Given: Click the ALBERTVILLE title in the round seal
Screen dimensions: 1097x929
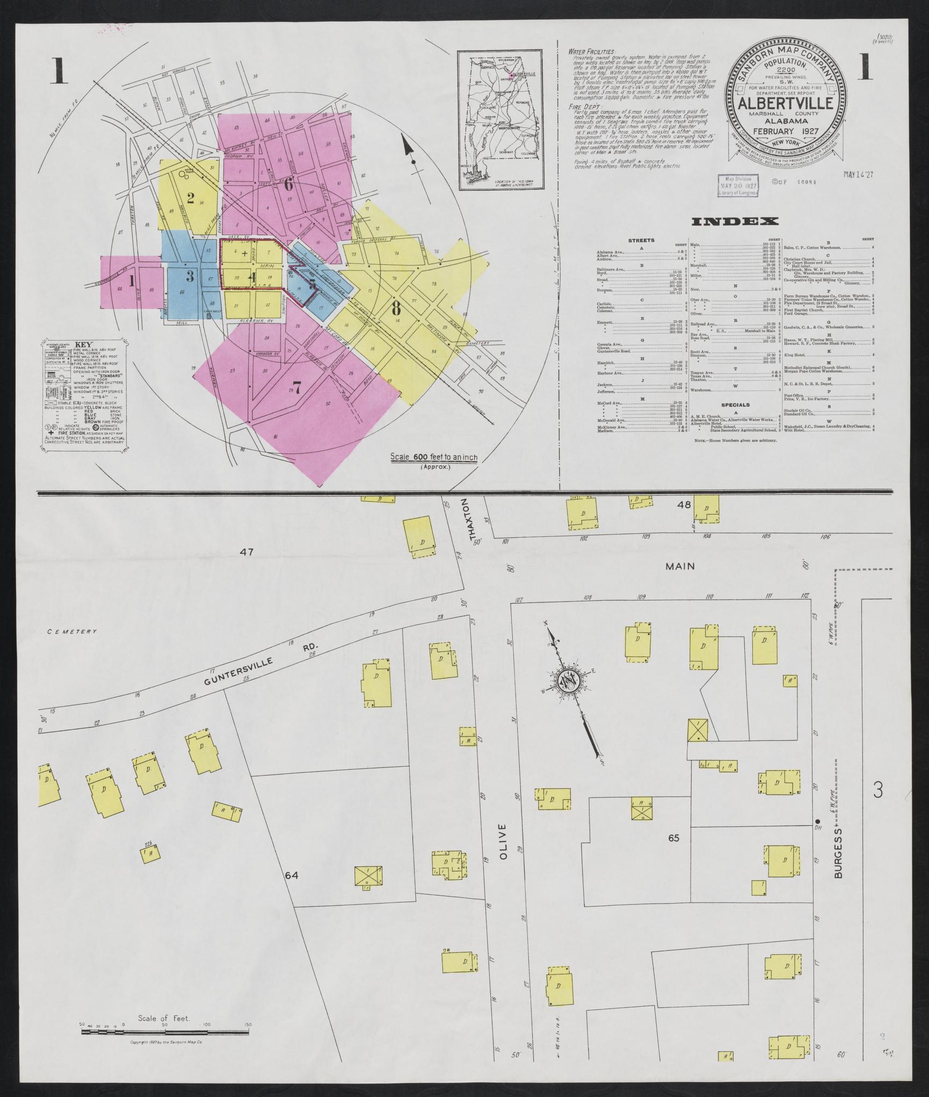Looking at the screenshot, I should point(788,104).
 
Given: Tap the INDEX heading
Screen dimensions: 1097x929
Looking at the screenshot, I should point(735,221).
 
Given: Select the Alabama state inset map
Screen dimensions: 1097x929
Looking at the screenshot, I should point(499,120).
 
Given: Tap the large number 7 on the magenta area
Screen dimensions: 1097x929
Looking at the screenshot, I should point(297,386).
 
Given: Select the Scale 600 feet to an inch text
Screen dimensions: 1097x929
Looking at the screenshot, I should point(433,457).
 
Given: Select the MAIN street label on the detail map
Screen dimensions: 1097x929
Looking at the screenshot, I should point(680,566).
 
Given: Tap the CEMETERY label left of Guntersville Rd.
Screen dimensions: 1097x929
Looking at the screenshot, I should point(72,632).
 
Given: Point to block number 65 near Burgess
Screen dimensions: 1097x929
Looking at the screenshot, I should point(674,838).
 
